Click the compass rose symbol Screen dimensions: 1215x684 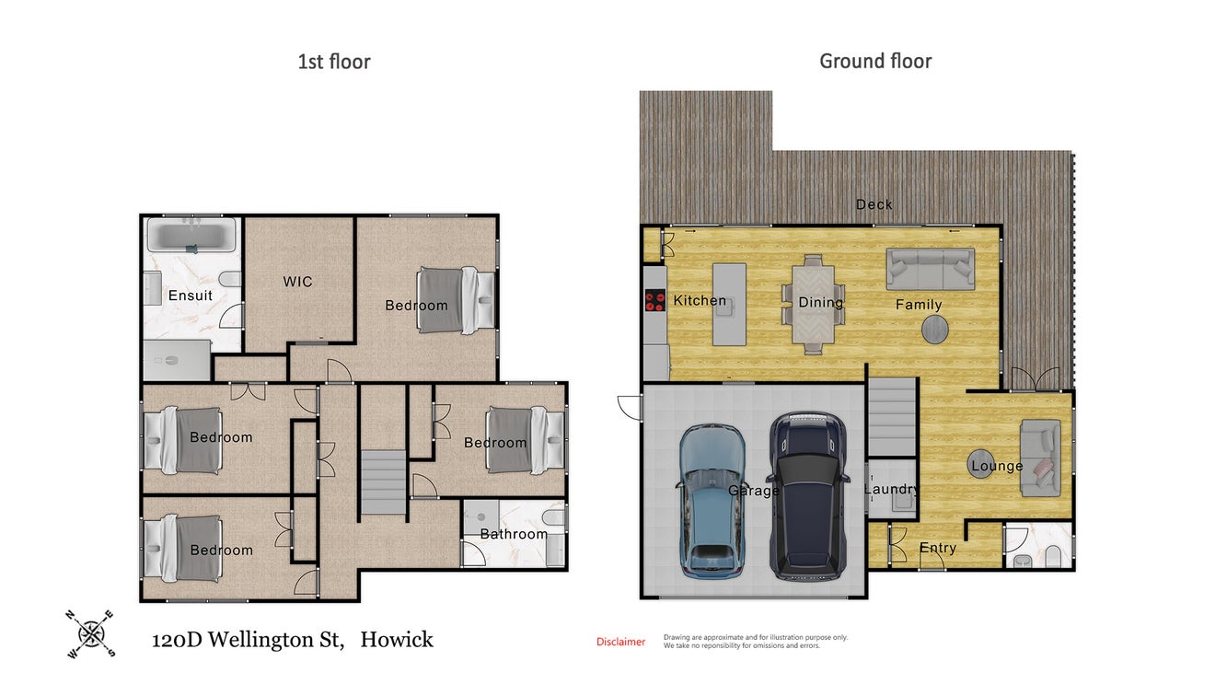[91, 633]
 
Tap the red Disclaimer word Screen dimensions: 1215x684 [620, 642]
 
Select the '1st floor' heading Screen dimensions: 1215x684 [334, 62]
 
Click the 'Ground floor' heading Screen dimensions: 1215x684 [875, 62]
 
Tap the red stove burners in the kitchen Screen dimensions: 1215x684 [655, 301]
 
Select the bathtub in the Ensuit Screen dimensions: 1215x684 [191, 235]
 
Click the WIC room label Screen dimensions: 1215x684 [298, 282]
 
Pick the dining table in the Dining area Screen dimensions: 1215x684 [813, 304]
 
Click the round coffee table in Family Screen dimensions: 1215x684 [935, 330]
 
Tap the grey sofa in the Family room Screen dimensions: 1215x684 [931, 269]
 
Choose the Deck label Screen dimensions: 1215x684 [874, 204]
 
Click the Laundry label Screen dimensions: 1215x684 [891, 489]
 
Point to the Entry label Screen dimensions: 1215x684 [938, 548]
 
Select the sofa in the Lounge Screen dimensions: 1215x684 [1040, 458]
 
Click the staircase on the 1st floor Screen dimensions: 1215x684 [384, 482]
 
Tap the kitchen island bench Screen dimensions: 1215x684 [729, 305]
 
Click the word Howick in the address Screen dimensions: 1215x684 [397, 640]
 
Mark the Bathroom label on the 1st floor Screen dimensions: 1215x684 [514, 534]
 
